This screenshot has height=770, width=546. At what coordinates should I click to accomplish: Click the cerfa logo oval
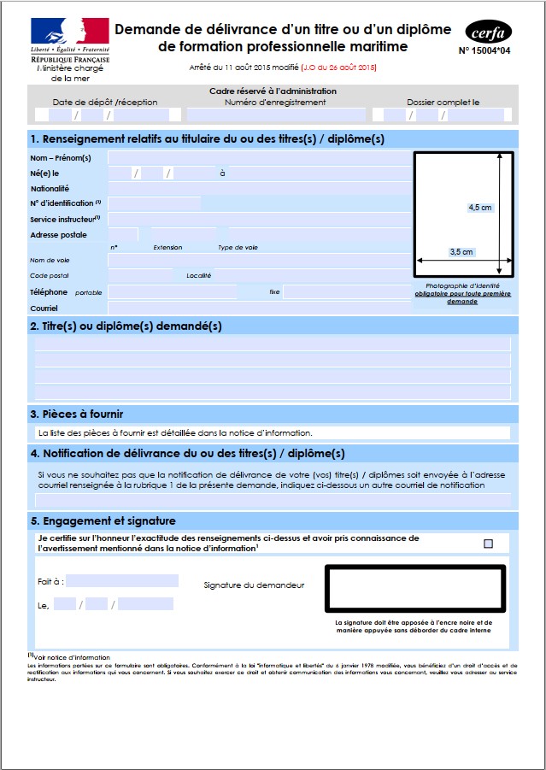coord(490,32)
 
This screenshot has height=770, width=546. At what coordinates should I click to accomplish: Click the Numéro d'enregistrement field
coord(275,115)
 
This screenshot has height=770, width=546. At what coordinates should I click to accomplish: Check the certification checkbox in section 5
coord(489,544)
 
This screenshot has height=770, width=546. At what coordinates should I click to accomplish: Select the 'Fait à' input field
coord(122,581)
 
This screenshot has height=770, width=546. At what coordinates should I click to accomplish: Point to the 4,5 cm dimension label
coord(480,207)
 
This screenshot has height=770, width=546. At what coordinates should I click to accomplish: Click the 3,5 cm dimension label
coord(461,252)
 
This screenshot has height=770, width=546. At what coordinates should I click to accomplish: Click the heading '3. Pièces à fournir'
coord(82,414)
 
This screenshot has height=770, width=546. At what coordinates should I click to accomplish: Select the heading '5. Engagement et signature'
coord(103,520)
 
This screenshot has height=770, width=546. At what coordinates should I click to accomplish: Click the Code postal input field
coord(140,276)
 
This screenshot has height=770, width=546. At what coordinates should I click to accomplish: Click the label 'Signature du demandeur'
coord(254,585)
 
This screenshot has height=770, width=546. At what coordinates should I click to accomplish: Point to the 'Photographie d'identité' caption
coord(462,286)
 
